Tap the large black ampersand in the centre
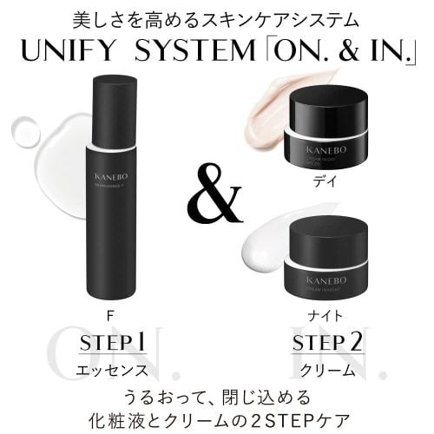[x=214, y=201]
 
